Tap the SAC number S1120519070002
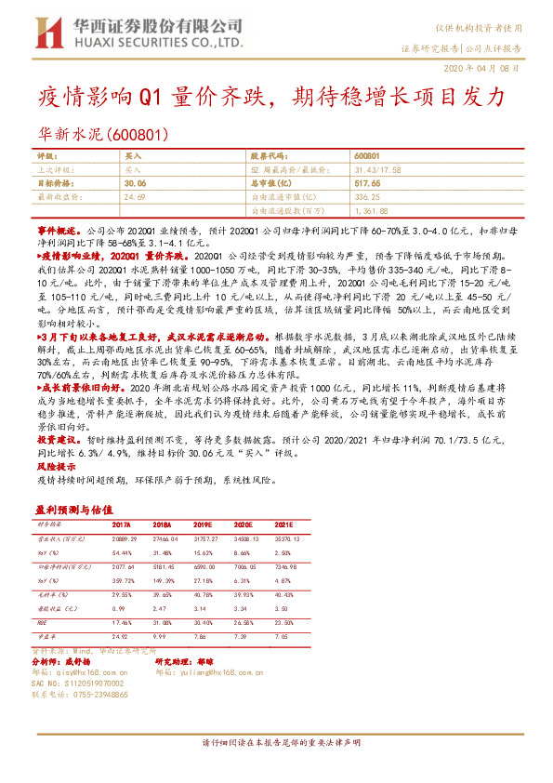(85, 682)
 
